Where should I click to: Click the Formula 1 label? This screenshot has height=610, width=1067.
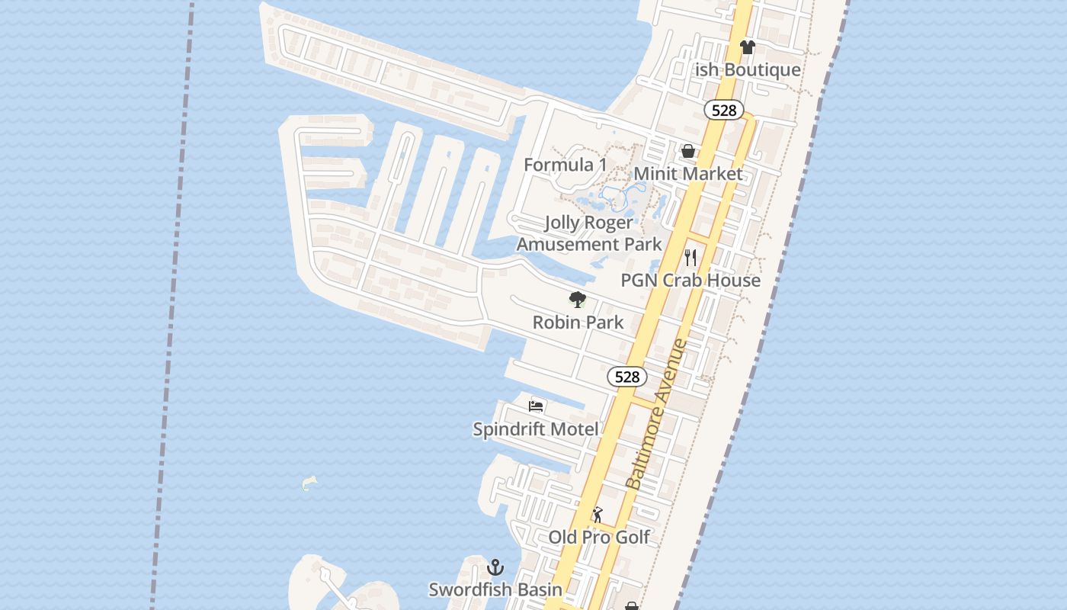tap(565, 165)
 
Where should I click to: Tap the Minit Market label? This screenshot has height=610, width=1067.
tap(687, 174)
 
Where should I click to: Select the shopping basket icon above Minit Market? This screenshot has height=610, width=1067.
tap(688, 151)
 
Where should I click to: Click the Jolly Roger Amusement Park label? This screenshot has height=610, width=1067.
tap(589, 233)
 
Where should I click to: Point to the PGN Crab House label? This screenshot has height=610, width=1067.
tap(691, 280)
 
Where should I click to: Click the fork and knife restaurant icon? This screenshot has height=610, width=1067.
tap(691, 257)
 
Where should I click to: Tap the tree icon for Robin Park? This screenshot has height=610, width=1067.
tap(578, 300)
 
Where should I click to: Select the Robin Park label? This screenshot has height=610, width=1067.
tap(578, 323)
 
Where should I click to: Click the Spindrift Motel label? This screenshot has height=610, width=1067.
tap(536, 429)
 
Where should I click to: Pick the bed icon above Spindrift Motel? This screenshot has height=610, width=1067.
tap(536, 406)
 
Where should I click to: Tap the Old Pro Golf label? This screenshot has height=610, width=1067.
tap(599, 537)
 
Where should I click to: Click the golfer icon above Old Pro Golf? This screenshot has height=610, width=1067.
tap(598, 515)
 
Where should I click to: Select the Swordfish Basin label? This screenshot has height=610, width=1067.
tap(495, 589)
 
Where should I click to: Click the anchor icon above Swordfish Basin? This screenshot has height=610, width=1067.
tap(495, 567)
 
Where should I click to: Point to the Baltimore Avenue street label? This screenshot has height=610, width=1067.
tap(655, 415)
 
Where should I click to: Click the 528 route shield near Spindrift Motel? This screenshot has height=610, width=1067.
tap(627, 377)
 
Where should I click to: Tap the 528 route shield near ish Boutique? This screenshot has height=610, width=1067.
tap(723, 111)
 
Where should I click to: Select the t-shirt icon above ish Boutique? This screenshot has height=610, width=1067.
tap(747, 47)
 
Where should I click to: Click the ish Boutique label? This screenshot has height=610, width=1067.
tap(748, 70)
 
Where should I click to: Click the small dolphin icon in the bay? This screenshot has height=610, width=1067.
tap(309, 483)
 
